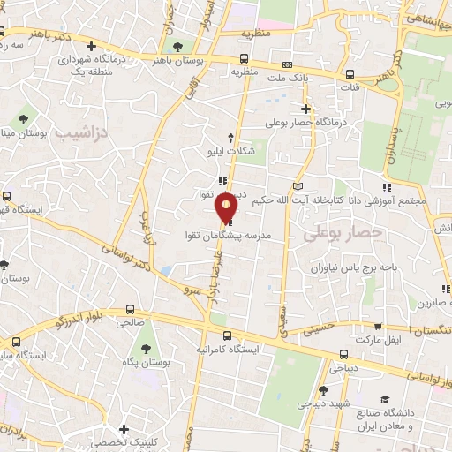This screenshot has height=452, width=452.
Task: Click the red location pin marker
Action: click(227, 208)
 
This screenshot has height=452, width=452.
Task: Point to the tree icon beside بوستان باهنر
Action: click(179, 45)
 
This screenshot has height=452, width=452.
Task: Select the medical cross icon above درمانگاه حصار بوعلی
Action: click(305, 109)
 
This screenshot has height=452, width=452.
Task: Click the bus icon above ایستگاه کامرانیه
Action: click(228, 335)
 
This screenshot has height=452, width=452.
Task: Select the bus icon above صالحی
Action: click(131, 310)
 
